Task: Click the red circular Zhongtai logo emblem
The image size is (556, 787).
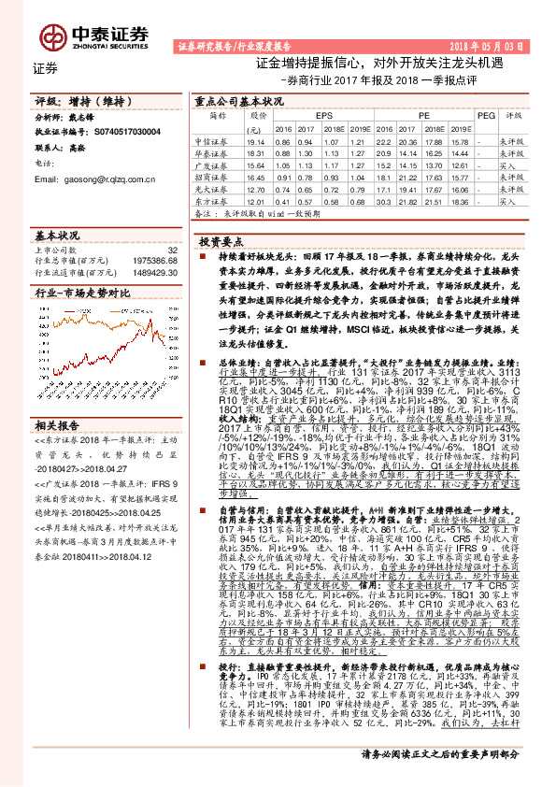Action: [51, 36]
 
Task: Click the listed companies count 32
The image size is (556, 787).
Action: [172, 250]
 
